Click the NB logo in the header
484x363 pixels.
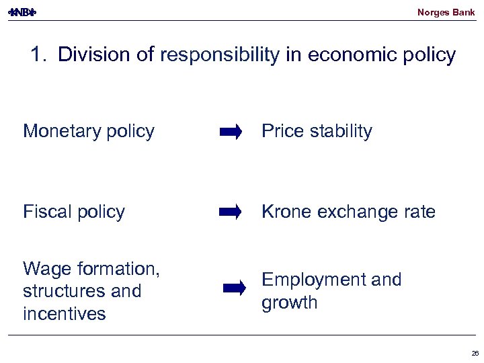point(22,12)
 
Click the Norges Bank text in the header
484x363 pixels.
point(446,12)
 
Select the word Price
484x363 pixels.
point(282,131)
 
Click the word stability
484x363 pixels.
point(340,131)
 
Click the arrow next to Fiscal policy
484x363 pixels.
point(231,213)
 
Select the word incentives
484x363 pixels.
point(65,314)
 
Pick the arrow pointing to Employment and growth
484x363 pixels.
point(235,289)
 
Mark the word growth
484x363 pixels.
point(289,302)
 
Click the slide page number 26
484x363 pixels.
point(475,353)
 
